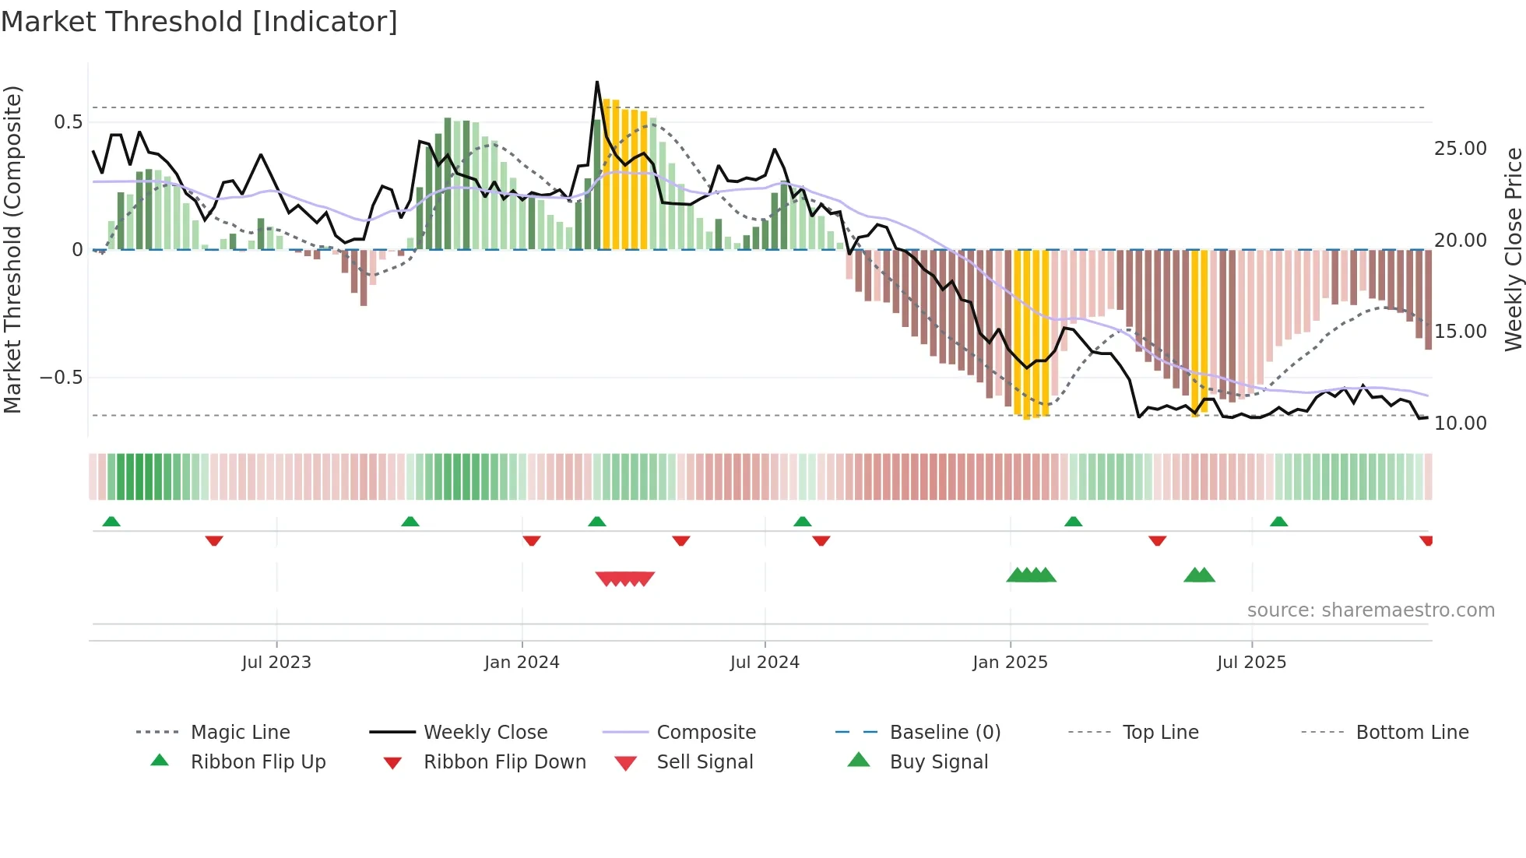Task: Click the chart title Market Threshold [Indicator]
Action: click(199, 22)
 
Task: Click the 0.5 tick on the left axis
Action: click(68, 122)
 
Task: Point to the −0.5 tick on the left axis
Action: click(61, 378)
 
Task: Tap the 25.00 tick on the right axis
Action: click(1460, 149)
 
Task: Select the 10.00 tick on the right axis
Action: click(1460, 424)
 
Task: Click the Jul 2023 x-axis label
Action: click(276, 663)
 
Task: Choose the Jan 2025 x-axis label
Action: click(1010, 663)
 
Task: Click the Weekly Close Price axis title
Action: click(1513, 249)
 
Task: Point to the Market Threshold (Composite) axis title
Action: click(12, 249)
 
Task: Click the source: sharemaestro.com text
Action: click(1370, 610)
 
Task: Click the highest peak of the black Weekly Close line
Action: click(597, 82)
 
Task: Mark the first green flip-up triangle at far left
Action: click(111, 522)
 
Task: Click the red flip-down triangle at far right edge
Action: click(1426, 540)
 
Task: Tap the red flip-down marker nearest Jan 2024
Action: click(532, 540)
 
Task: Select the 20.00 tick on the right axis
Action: click(1460, 241)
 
